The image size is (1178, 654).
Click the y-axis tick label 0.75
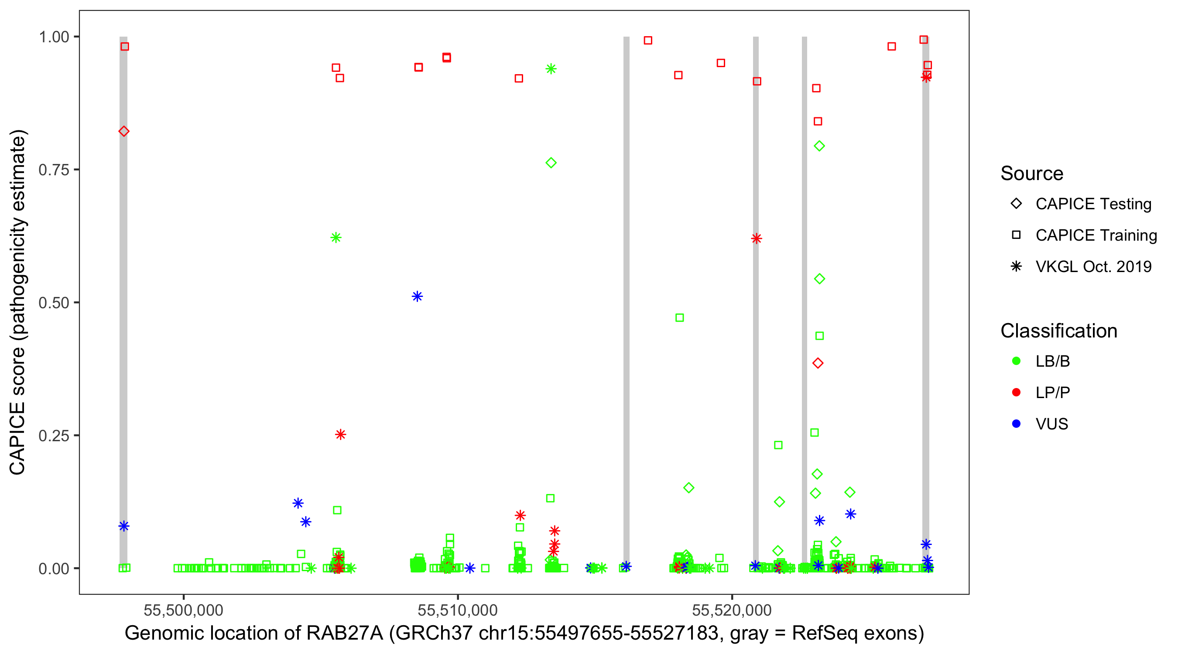53,170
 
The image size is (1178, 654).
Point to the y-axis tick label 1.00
53,37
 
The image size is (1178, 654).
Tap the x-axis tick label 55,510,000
457,610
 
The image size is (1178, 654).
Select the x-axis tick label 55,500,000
183,610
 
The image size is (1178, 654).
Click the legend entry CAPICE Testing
1093,204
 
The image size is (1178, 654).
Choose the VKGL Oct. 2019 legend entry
1093,266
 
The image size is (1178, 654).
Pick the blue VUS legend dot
1016,424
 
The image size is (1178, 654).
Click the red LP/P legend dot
1016,392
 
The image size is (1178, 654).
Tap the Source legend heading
1032,174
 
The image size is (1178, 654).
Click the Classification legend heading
1058,331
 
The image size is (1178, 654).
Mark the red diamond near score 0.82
123,132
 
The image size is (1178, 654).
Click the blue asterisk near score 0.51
417,296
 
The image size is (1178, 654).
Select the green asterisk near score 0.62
336,238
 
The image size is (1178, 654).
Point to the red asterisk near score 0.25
340,434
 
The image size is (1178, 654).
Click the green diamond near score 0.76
551,163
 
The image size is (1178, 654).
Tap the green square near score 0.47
680,318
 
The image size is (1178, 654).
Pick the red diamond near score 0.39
818,363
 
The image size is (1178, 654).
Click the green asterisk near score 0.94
551,69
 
